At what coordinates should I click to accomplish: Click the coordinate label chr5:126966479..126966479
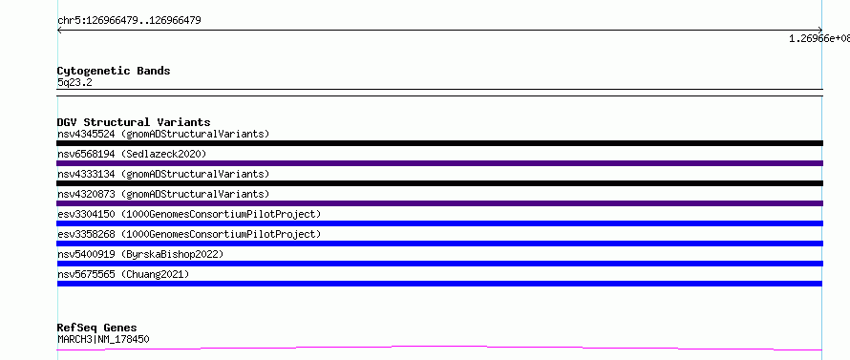pyautogui.click(x=129, y=21)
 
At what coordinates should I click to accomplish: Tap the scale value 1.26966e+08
pyautogui.click(x=819, y=38)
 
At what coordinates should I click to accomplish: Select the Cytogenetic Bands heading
pyautogui.click(x=114, y=71)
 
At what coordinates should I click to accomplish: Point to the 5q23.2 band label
pyautogui.click(x=74, y=82)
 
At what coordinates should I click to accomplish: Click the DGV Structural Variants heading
pyautogui.click(x=134, y=122)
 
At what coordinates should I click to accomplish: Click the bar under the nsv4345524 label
pyautogui.click(x=439, y=143)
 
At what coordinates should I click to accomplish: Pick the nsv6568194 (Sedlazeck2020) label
pyautogui.click(x=132, y=154)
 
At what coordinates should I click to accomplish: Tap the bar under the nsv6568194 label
pyautogui.click(x=439, y=163)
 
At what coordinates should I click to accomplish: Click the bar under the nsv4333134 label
pyautogui.click(x=439, y=183)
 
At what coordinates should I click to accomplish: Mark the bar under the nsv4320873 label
pyautogui.click(x=439, y=203)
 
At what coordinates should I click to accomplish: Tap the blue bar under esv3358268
pyautogui.click(x=439, y=244)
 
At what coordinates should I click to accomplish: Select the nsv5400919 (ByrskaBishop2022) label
pyautogui.click(x=139, y=254)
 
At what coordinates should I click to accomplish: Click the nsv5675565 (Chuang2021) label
pyautogui.click(x=123, y=274)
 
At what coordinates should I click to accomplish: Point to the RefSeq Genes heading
pyautogui.click(x=97, y=328)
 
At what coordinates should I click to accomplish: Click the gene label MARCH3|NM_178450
pyautogui.click(x=103, y=339)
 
